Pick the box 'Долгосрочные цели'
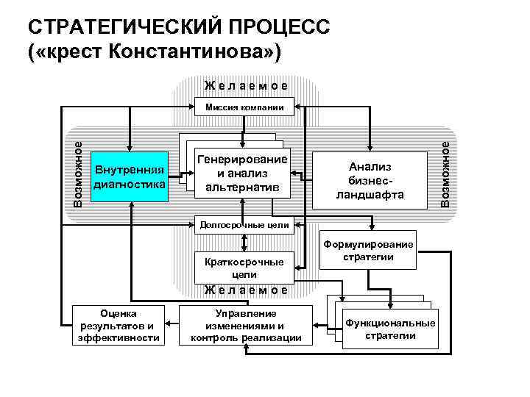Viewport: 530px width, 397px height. [x=244, y=224]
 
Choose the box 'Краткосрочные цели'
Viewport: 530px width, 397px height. [x=244, y=267]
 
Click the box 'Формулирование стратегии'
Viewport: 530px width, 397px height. [x=368, y=251]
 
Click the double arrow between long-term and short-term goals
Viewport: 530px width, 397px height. [x=244, y=243]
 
